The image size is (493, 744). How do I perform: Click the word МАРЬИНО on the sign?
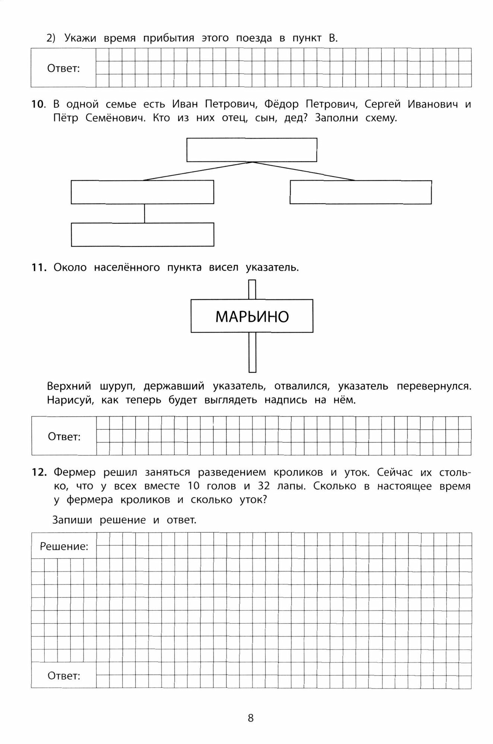click(x=252, y=317)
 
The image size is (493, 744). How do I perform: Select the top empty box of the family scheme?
click(x=252, y=150)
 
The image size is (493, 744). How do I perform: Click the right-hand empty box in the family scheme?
click(x=360, y=192)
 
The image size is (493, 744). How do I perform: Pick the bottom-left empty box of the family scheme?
click(x=143, y=234)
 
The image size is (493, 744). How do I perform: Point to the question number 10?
click(x=38, y=104)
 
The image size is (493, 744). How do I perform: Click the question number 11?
click(x=39, y=267)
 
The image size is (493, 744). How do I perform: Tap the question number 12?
click(x=39, y=472)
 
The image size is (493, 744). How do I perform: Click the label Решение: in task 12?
click(x=64, y=546)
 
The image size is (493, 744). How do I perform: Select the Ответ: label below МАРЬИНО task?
click(x=64, y=436)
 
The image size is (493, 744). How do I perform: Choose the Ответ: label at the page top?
click(x=64, y=68)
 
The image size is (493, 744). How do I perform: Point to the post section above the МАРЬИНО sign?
click(x=252, y=289)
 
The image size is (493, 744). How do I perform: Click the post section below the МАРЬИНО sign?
click(x=252, y=352)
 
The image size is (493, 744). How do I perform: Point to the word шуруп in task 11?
click(x=117, y=386)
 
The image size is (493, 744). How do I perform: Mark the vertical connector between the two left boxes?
click(x=144, y=213)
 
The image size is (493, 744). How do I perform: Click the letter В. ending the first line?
click(x=333, y=38)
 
